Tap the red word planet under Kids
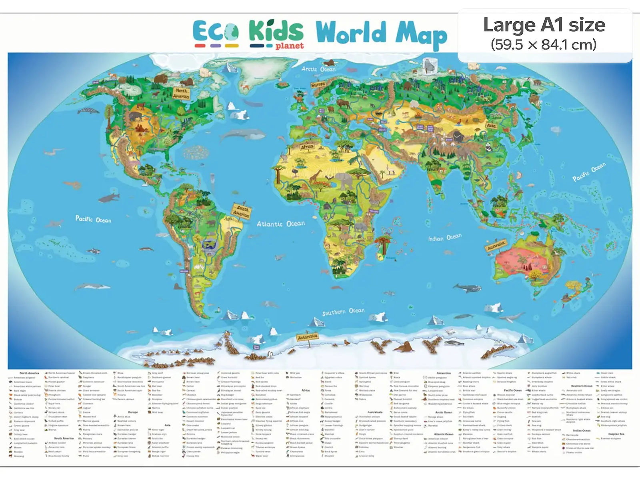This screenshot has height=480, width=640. [x=289, y=46]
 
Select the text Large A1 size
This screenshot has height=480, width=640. [x=544, y=25]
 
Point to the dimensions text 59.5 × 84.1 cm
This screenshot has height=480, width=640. [x=544, y=44]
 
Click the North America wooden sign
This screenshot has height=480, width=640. [x=181, y=94]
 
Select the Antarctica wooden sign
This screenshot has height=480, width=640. [x=307, y=337]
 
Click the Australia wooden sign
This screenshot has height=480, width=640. [x=496, y=245]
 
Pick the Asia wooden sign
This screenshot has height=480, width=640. [x=491, y=125]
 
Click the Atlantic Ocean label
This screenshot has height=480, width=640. [x=280, y=224]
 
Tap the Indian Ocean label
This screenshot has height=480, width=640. [x=445, y=238]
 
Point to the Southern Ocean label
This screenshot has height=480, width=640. [x=343, y=312]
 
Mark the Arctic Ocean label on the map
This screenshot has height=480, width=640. [x=318, y=69]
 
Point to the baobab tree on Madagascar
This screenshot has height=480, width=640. [x=384, y=242]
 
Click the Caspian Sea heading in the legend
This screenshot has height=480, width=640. [x=616, y=434]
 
